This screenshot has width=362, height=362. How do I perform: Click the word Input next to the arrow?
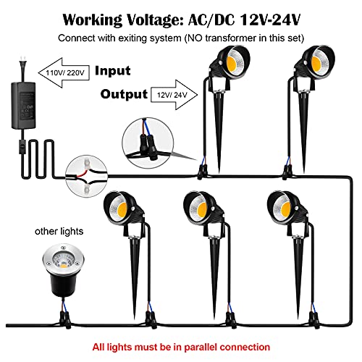pos(113,71)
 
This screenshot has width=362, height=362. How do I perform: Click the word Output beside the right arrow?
pos(124,94)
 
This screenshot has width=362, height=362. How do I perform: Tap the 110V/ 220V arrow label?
pos(64,72)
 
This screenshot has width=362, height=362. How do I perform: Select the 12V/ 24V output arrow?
pos(174,95)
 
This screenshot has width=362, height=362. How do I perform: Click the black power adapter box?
pos(24,106)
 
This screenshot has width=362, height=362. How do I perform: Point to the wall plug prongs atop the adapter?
pos(23,59)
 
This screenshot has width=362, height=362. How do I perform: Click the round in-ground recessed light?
pos(63,270)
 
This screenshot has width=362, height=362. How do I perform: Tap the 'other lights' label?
pos(59,231)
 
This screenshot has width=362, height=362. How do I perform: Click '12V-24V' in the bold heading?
pos(271,20)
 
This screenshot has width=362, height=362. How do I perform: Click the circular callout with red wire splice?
pos(86,176)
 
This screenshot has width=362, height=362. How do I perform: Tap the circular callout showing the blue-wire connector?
pos(148,143)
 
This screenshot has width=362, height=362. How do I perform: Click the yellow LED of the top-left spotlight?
pos(231,64)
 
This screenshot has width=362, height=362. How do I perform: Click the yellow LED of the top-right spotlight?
pos(316,63)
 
